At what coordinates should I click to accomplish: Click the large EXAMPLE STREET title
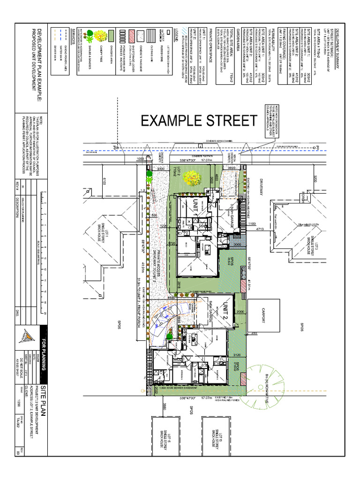[199, 121]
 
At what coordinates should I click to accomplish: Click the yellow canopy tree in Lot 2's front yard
[192, 178]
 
